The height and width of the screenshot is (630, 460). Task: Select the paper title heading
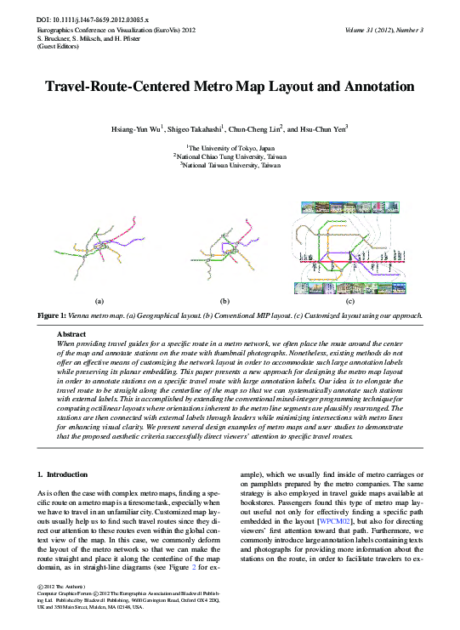tap(230, 88)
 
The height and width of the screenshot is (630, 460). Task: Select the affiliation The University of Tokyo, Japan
tap(230, 148)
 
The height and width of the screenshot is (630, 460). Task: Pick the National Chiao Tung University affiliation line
tap(230, 156)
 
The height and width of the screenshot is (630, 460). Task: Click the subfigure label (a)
tap(99, 301)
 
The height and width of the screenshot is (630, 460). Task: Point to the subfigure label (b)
tap(224, 301)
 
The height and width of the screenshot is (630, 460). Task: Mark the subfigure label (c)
tap(349, 301)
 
